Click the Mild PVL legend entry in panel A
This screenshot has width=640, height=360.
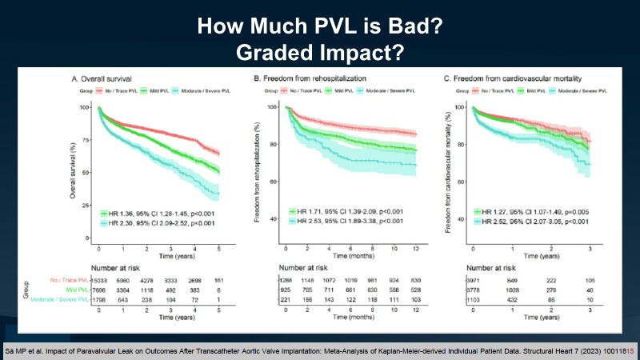coord(158,90)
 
